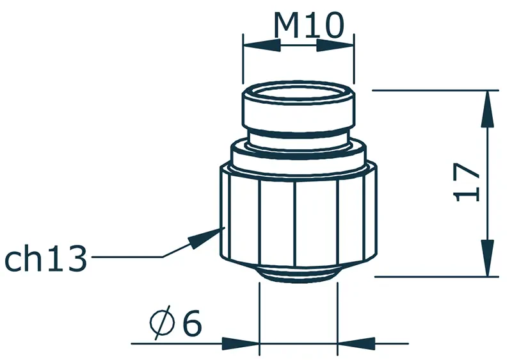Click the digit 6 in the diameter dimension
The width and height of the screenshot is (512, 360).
coord(191,323)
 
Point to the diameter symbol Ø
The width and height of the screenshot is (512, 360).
coord(161,324)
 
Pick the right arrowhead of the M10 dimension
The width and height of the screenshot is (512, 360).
coord(337,46)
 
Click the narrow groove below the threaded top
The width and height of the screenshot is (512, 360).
coord(298,136)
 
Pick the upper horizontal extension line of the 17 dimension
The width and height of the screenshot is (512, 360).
coord(435,90)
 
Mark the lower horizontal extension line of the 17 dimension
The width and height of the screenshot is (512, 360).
coord(435,277)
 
